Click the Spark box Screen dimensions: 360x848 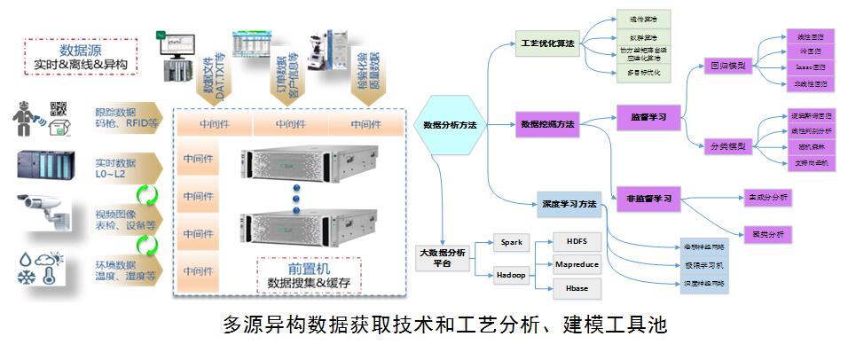coord(512,241)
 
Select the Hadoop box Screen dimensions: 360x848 coord(512,275)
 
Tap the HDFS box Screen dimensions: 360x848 coord(577,241)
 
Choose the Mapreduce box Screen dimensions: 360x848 coord(577,264)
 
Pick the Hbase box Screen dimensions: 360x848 coord(577,288)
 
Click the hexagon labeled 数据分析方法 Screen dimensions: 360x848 coord(450,126)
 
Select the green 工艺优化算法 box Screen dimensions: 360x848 coord(546,43)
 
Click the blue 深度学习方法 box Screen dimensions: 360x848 coord(569,205)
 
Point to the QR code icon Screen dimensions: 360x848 coord(59,110)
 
